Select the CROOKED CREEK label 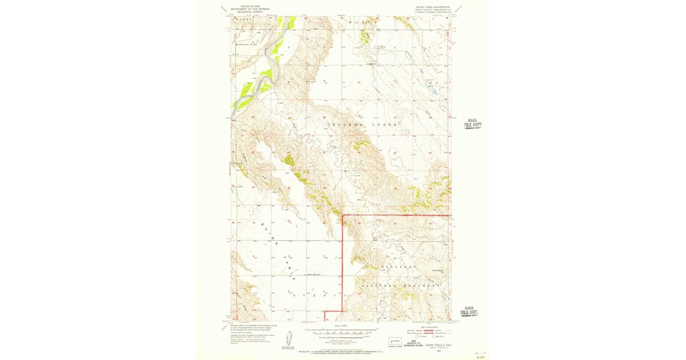coord(362,124)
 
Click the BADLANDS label coord(395,267)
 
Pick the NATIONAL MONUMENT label coord(400,285)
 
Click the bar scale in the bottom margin coord(341,330)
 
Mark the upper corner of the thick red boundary coord(342,215)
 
